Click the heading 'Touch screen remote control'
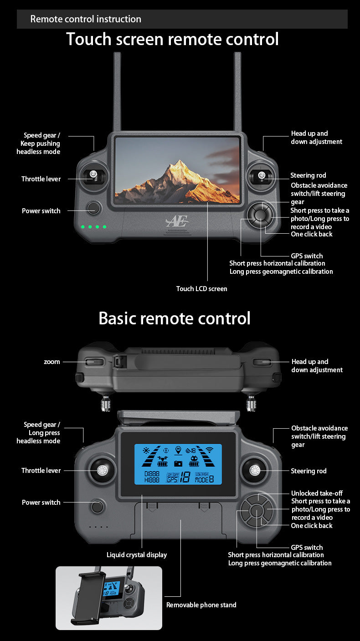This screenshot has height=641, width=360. pyautogui.click(x=172, y=39)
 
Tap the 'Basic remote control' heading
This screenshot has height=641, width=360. pyautogui.click(x=175, y=318)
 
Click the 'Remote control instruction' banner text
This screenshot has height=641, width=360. pyautogui.click(x=86, y=19)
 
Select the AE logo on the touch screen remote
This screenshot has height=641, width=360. pyautogui.click(x=177, y=222)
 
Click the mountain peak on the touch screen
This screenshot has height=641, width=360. pyautogui.click(x=180, y=163)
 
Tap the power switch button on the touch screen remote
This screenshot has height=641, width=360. pyautogui.click(x=94, y=208)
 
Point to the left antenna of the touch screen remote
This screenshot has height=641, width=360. pyautogui.click(x=117, y=91)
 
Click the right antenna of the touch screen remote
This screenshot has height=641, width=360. pyautogui.click(x=237, y=91)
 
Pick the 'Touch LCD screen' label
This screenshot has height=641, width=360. pyautogui.click(x=201, y=289)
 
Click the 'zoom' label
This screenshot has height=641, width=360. pyautogui.click(x=52, y=362)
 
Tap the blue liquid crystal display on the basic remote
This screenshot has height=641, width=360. pyautogui.click(x=178, y=464)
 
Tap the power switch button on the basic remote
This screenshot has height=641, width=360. pyautogui.click(x=96, y=506)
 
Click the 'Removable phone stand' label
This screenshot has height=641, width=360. pyautogui.click(x=201, y=605)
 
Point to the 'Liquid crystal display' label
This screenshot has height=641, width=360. pyautogui.click(x=137, y=555)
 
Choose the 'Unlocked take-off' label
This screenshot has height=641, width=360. pyautogui.click(x=317, y=493)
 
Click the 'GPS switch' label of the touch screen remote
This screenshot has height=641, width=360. pyautogui.click(x=307, y=256)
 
